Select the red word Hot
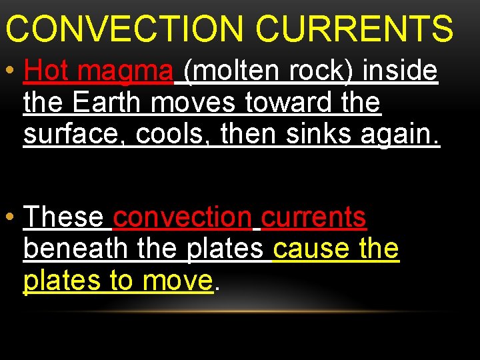click(x=44, y=71)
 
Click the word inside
click(x=400, y=71)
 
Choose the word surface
click(x=73, y=135)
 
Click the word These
click(x=63, y=217)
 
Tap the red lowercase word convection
click(x=183, y=217)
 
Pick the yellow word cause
click(x=311, y=249)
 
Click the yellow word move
click(x=178, y=281)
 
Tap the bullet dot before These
click(x=10, y=217)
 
